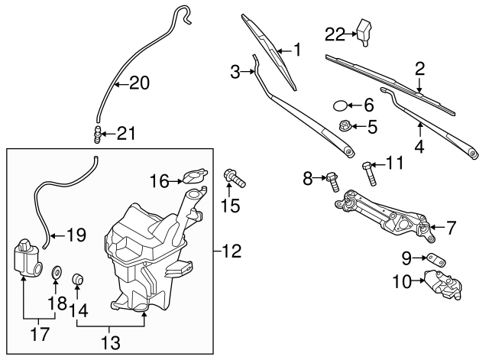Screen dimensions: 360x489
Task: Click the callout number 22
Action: click(335, 34)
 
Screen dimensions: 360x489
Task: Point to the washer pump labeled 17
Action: click(27, 259)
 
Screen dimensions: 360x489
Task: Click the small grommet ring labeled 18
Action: click(56, 273)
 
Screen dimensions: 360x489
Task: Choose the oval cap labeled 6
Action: click(342, 105)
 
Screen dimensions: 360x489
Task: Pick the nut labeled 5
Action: click(345, 127)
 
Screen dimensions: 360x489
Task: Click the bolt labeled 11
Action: click(369, 173)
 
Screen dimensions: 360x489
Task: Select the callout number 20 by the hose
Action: click(138, 83)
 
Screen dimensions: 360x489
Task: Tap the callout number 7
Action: click(451, 227)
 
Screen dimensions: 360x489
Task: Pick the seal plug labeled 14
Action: click(78, 277)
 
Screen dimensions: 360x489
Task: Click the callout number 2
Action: click(419, 70)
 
